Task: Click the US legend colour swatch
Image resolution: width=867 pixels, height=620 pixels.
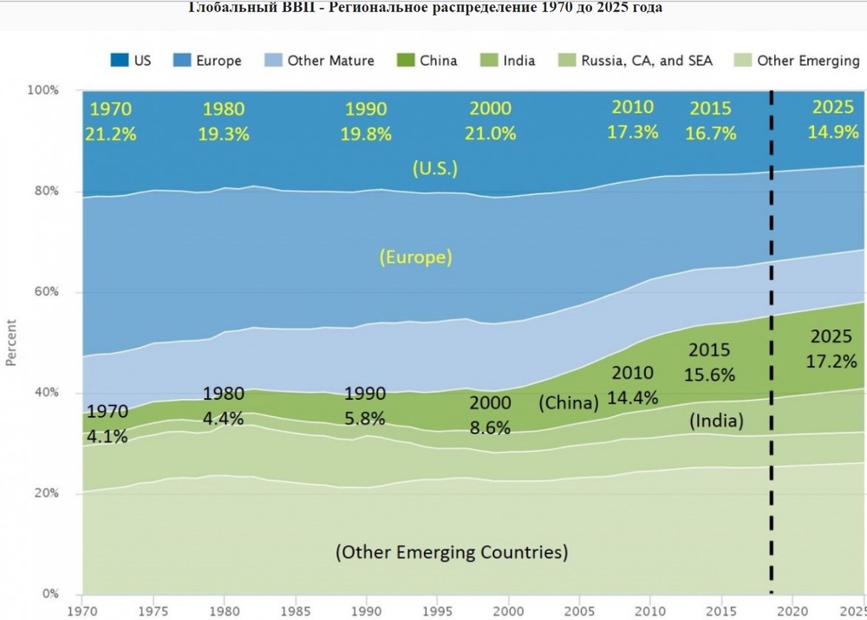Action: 119,61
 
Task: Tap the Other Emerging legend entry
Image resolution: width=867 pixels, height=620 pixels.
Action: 796,61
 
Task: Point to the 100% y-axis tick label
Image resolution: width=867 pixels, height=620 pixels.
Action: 42,90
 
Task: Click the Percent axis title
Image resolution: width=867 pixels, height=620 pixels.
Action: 11,343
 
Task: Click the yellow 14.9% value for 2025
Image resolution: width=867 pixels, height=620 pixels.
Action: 834,132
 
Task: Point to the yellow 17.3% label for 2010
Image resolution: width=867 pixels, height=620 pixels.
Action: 634,132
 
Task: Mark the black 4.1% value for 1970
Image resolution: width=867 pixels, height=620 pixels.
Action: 108,436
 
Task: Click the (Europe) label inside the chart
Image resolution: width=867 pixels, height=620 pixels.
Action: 415,257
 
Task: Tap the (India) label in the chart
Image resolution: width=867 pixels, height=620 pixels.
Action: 716,421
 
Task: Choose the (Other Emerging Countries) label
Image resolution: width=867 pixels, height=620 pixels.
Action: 452,551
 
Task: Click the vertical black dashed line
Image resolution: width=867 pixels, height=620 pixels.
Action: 771,347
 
